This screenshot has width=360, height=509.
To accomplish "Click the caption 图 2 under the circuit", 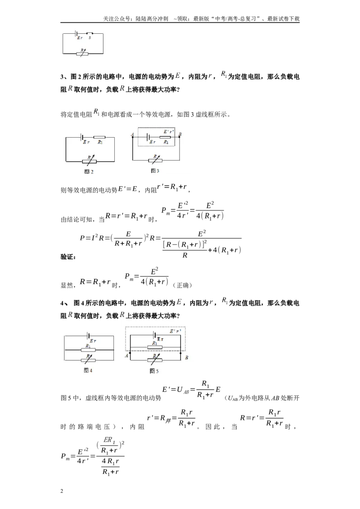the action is (x=89, y=172).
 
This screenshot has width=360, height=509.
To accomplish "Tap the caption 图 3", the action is (x=155, y=171).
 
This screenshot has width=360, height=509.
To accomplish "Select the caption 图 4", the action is (x=88, y=371).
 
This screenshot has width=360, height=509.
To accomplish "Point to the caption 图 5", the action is (x=154, y=371).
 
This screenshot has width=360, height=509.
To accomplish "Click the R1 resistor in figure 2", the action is (x=100, y=137).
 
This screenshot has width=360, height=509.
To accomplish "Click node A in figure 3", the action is (x=133, y=137).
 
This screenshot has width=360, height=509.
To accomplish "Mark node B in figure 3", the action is (x=180, y=137).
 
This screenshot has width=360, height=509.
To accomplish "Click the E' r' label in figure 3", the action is (x=168, y=132).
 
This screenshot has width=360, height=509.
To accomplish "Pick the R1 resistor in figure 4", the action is (x=88, y=350).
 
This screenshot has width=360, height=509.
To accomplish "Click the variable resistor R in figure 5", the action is (x=155, y=358).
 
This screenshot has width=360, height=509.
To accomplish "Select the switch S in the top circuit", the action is (x=90, y=33).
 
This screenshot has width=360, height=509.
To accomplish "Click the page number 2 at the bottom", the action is (x=62, y=491).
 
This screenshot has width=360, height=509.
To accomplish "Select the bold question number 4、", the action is (x=64, y=303).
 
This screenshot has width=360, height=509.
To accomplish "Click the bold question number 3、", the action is (x=64, y=77).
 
